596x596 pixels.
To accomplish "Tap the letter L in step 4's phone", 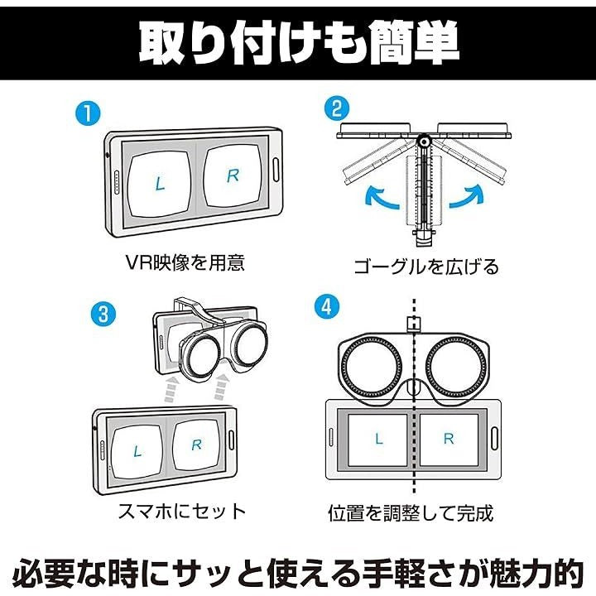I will pyautogui.click(x=379, y=440).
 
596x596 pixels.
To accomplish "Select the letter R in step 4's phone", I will pyautogui.click(x=449, y=440).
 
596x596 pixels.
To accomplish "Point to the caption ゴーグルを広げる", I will pyautogui.click(x=425, y=267).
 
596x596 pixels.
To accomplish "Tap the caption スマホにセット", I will pyautogui.click(x=180, y=510).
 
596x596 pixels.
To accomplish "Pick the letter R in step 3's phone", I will pyautogui.click(x=196, y=445).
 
